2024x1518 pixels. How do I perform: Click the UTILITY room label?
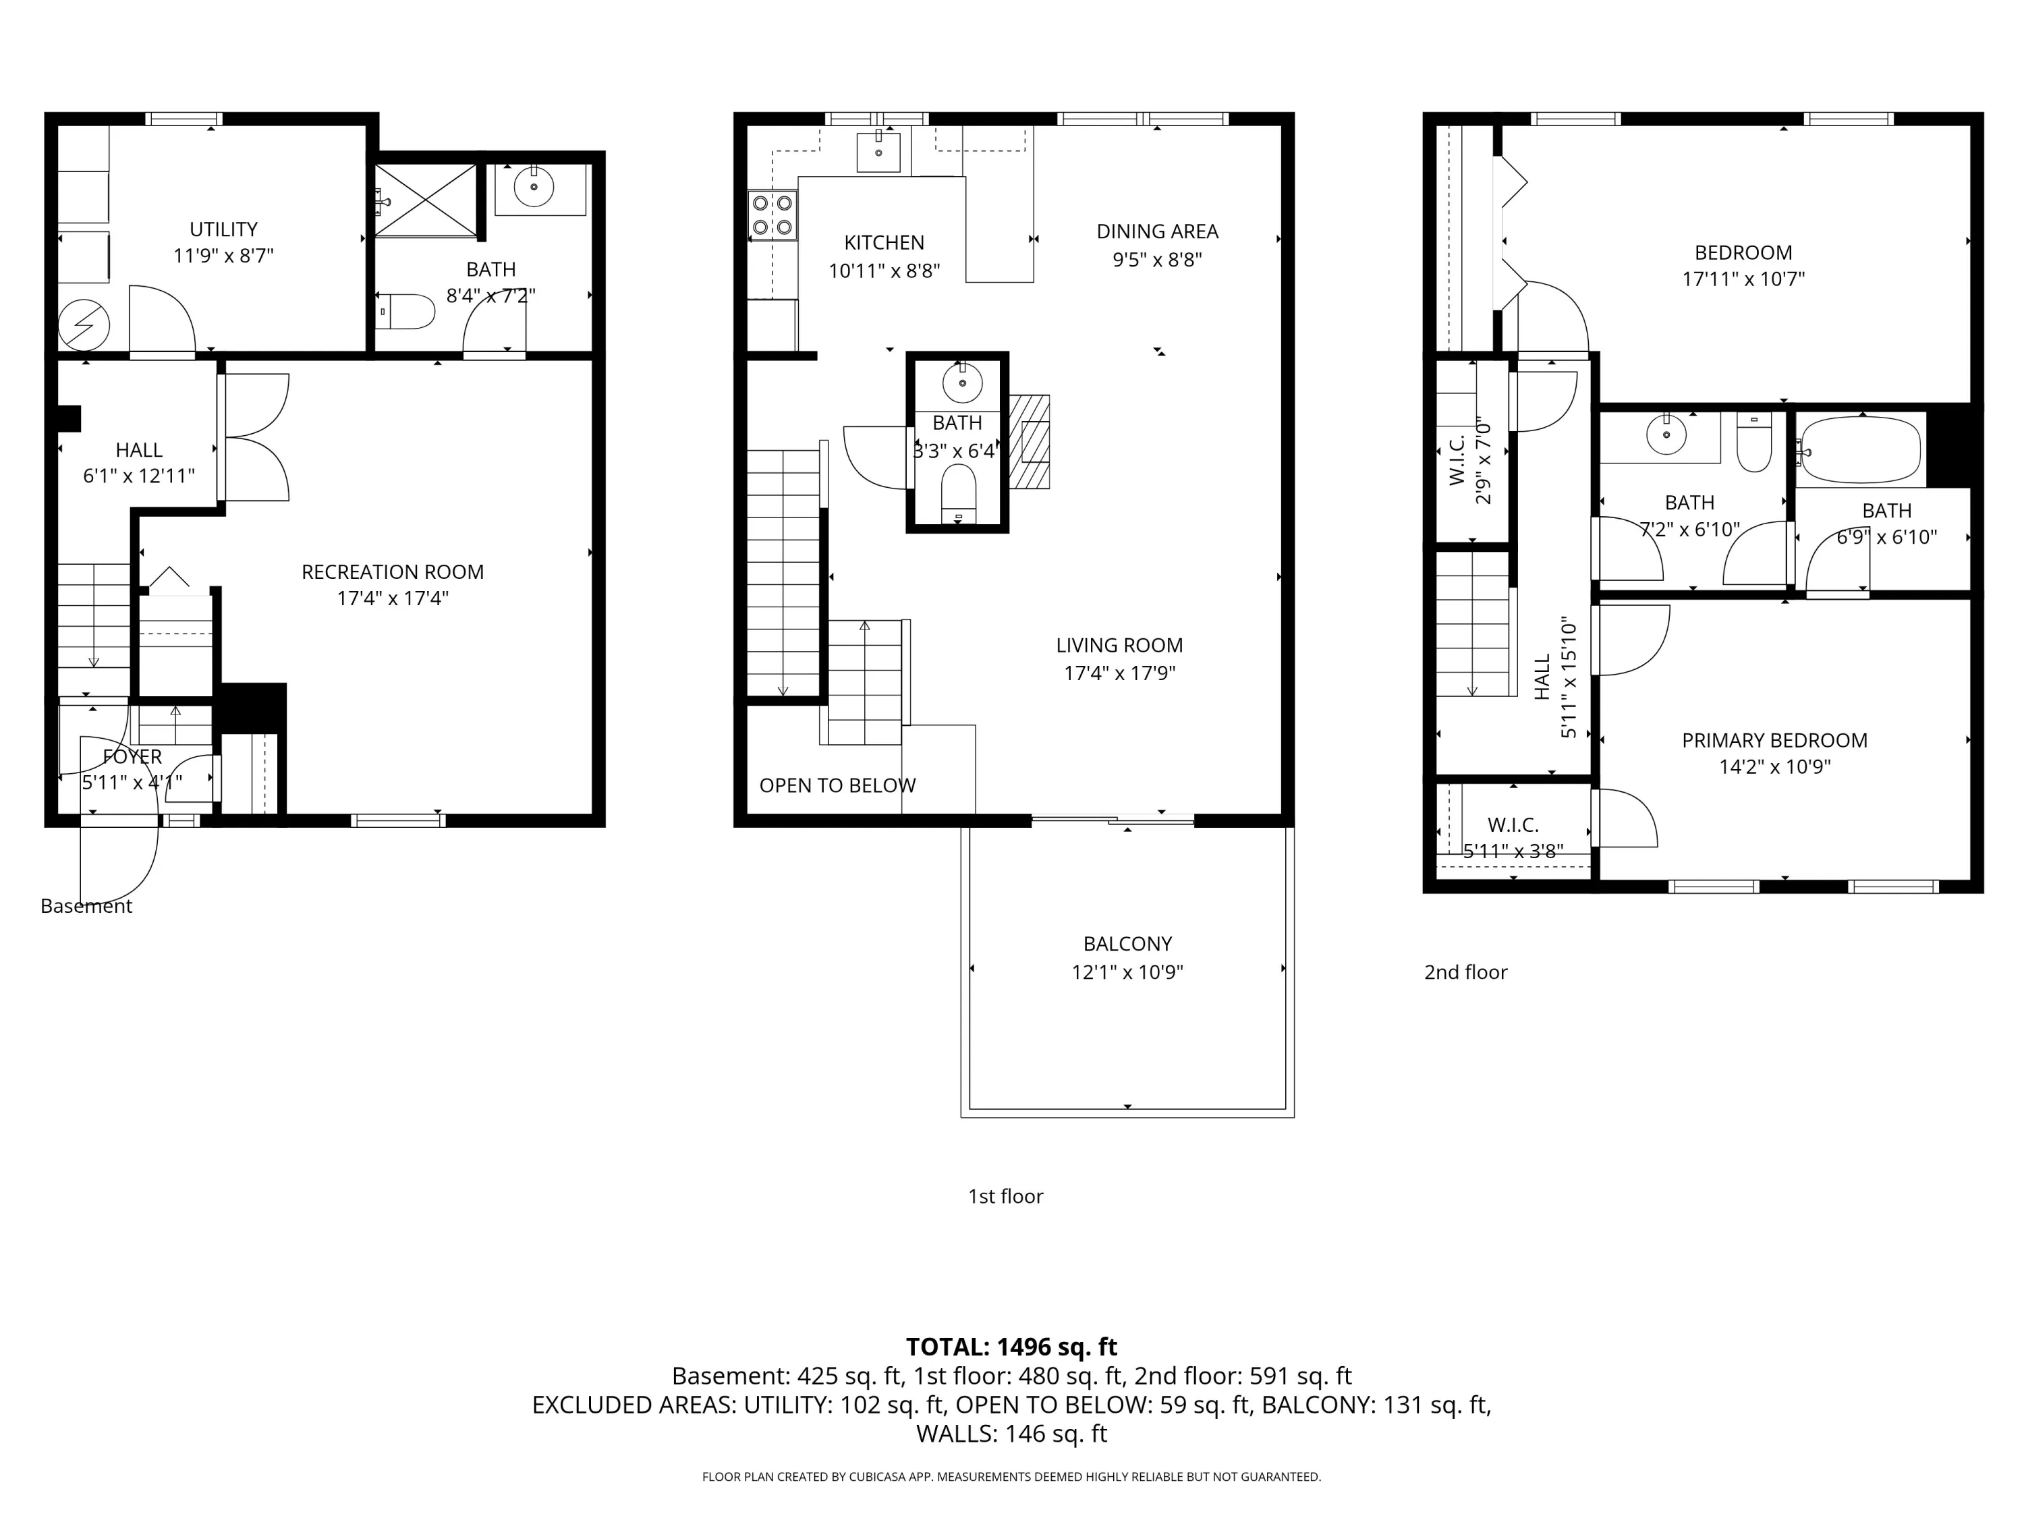point(223,229)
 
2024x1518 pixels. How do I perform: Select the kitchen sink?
point(878,152)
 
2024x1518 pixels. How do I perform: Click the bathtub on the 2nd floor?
point(1860,449)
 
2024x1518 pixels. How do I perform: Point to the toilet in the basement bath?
point(404,311)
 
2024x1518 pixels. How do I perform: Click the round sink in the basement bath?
point(534,188)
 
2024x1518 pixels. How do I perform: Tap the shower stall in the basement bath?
point(426,200)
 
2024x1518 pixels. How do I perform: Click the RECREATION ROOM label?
point(393,572)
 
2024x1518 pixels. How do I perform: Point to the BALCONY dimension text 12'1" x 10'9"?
point(1127,972)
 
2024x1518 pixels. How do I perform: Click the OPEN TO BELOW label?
point(837,785)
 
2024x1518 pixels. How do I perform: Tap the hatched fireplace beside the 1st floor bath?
point(1030,442)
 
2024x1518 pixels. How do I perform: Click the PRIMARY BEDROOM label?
point(1774,740)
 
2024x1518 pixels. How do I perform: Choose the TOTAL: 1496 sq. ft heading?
point(1011,1347)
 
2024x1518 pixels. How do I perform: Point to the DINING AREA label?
point(1158,231)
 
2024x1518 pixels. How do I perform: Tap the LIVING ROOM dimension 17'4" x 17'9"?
point(1119,673)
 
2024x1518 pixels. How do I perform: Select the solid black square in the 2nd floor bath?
point(1949,449)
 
